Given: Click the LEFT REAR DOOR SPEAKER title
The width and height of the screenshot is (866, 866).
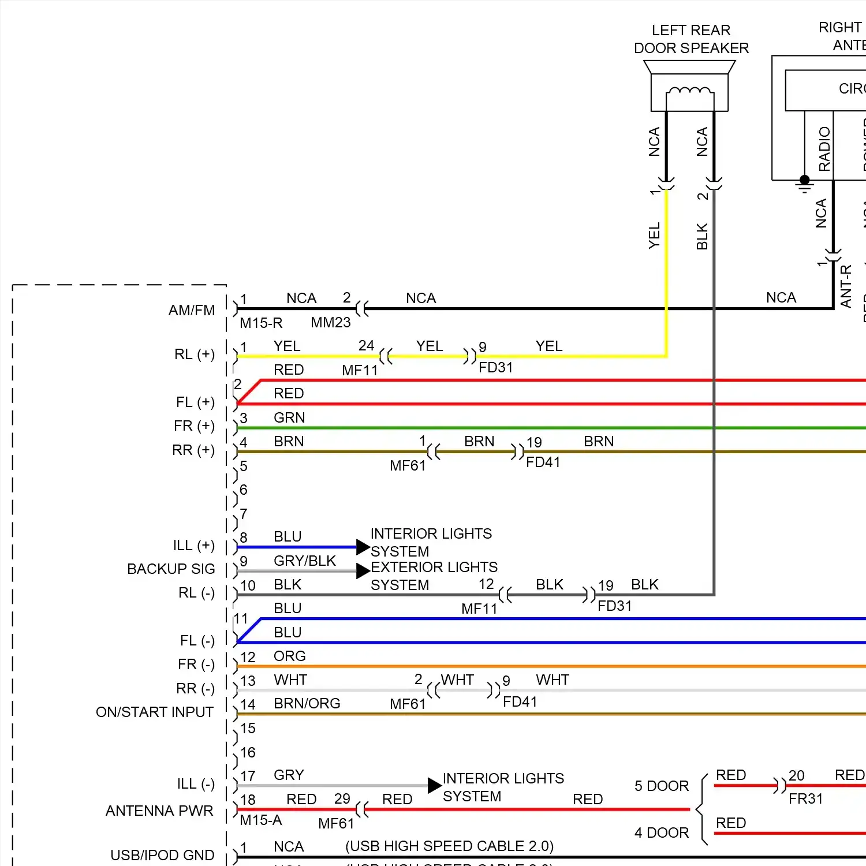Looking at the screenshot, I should pos(691,39).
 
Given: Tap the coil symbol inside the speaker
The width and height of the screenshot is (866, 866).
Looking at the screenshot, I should pos(689,91).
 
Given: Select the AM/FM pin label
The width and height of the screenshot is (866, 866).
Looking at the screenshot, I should pos(192,310).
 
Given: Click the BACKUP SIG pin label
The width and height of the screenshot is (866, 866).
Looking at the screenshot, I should pos(171,569).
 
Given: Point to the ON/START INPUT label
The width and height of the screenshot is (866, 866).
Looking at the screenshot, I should pos(155,712).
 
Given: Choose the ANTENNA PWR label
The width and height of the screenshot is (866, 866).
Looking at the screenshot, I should pos(159,811).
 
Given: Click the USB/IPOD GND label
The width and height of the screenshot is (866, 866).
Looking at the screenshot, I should pos(162,855).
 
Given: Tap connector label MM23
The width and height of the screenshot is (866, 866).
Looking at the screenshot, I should pos(330,323).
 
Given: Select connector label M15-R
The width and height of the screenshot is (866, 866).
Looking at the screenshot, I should pos(261,323).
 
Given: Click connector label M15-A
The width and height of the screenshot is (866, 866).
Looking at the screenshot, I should pos(261,820).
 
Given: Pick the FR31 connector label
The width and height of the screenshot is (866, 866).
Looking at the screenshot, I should pos(805,798).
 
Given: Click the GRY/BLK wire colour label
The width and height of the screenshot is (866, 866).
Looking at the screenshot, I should pos(305,561).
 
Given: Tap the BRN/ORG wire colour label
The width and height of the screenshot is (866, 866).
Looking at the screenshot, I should pos(307,703).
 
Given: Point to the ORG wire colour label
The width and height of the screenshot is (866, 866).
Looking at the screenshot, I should pos(289,656).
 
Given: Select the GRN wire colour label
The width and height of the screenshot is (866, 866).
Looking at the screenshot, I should pos(289,417).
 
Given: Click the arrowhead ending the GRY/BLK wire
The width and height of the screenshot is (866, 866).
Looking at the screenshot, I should pos(363,571).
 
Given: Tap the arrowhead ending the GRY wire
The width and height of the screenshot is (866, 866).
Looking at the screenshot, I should pos(434,785).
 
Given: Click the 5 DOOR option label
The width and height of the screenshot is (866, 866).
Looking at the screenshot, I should pos(662,786).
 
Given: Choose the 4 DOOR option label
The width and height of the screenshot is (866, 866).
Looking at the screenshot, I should pos(662,833).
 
